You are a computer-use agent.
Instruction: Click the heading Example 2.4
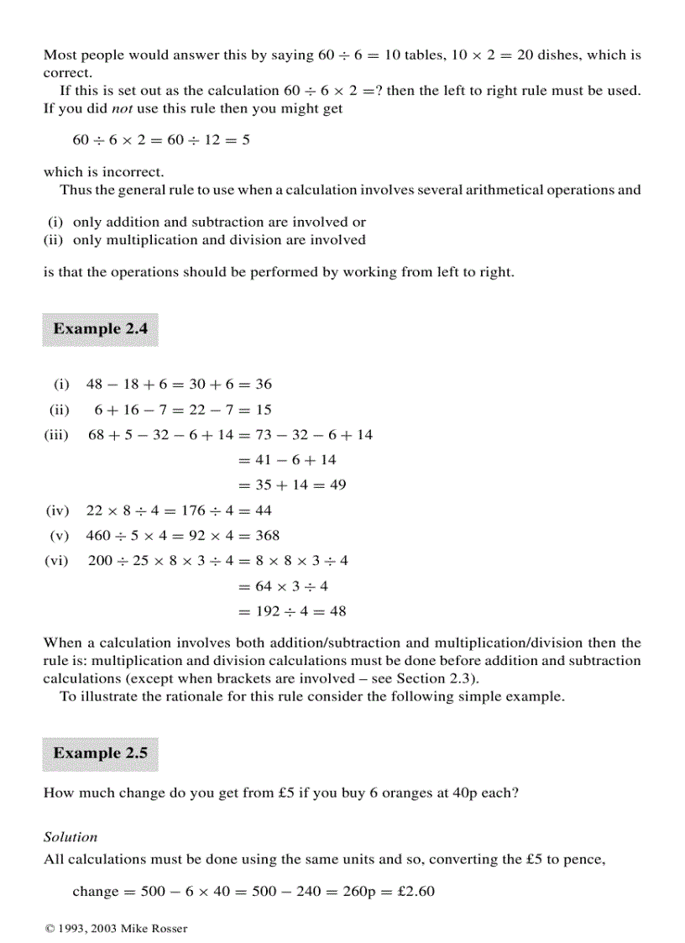tap(100, 329)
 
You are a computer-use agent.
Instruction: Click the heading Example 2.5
tap(100, 753)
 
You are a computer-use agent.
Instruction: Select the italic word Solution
tap(71, 837)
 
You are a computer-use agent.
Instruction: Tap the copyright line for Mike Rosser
tap(116, 928)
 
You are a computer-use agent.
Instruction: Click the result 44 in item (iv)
tap(264, 511)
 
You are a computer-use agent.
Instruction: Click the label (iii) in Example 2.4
tap(56, 435)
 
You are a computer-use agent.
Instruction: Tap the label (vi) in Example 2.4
tap(56, 561)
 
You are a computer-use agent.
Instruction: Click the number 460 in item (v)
tap(98, 536)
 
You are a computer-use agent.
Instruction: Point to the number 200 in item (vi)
tap(100, 561)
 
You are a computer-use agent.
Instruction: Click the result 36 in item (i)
tap(264, 385)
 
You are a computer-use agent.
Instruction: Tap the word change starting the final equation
tap(96, 892)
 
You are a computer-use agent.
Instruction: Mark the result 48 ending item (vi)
tap(337, 611)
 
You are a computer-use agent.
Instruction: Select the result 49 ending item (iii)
tap(337, 485)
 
